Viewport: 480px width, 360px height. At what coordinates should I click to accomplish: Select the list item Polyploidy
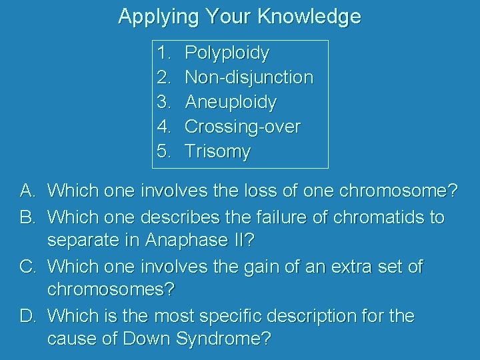[x=227, y=53]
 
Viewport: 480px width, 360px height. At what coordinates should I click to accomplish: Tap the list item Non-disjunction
[x=249, y=77]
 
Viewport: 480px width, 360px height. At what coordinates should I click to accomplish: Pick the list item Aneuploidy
[x=230, y=102]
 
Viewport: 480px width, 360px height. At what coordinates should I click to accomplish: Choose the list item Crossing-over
[x=242, y=126]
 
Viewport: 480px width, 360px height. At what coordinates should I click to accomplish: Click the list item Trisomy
[x=217, y=151]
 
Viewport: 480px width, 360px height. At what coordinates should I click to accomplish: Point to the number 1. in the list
[x=165, y=53]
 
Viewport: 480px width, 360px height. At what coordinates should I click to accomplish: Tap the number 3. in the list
[x=165, y=102]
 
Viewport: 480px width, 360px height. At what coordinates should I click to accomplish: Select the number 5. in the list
[x=165, y=151]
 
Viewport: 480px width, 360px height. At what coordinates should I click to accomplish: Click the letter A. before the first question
[x=27, y=192]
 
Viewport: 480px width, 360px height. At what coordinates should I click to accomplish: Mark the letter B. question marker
[x=27, y=217]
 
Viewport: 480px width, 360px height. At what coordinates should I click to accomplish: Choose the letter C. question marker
[x=27, y=266]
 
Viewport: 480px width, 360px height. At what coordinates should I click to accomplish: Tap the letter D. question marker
[x=27, y=315]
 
